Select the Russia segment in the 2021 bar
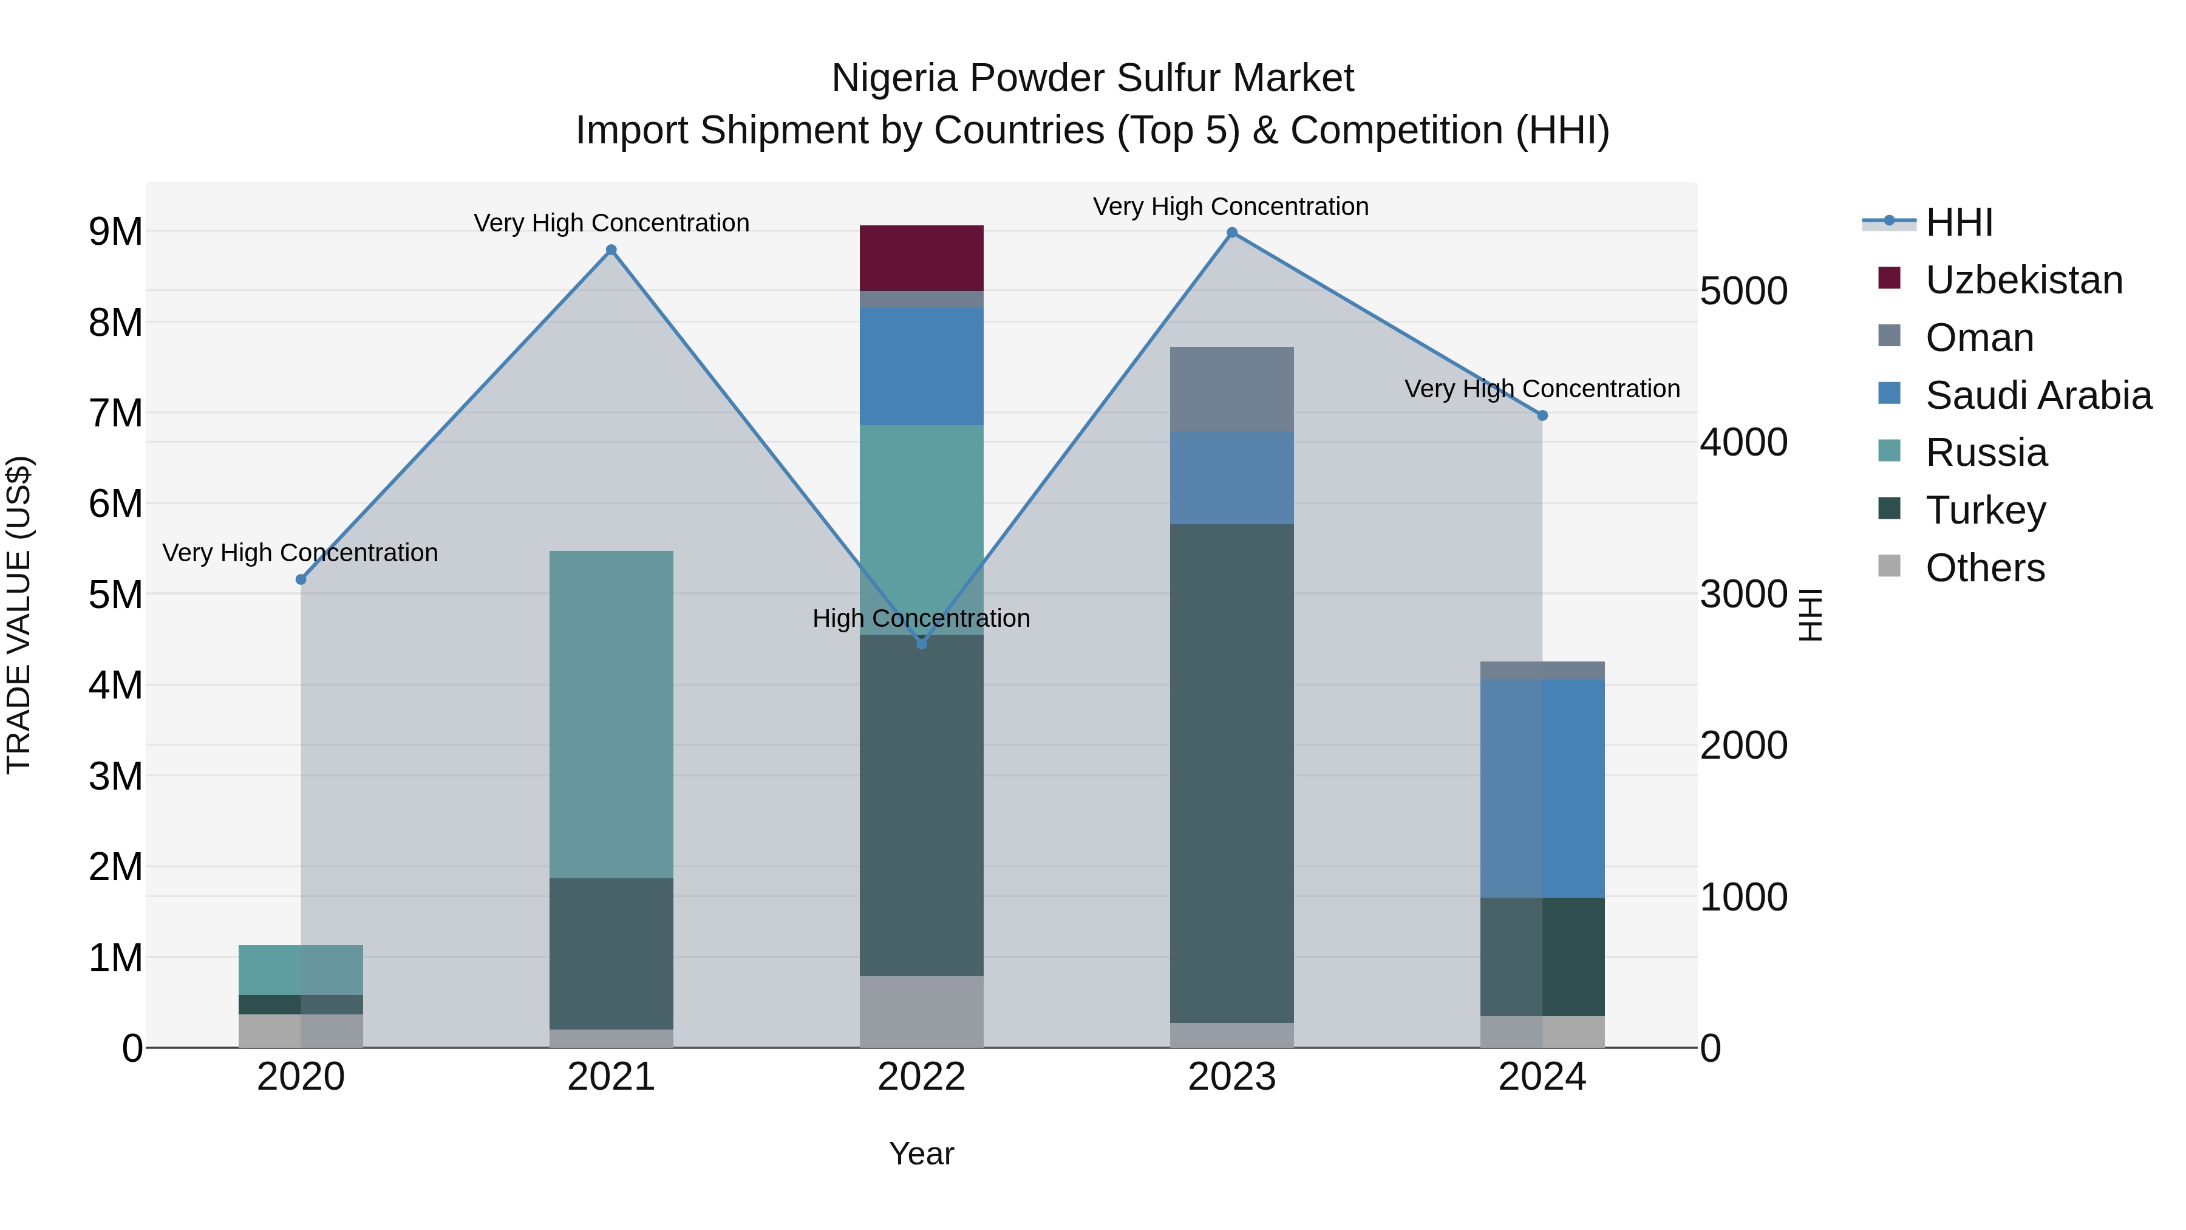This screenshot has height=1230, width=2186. point(611,714)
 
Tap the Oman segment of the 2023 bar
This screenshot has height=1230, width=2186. point(1231,389)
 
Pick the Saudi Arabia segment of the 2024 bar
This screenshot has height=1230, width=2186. point(1542,788)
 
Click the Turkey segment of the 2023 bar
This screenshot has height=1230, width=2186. point(1231,773)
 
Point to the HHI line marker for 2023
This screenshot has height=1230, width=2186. point(1232,233)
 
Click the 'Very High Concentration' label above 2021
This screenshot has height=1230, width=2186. point(611,224)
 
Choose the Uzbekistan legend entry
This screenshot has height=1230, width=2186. point(2023,280)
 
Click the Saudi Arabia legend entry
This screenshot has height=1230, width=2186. point(2037,395)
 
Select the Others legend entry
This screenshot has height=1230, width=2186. point(1984,568)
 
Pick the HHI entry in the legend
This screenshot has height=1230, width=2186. point(1958,222)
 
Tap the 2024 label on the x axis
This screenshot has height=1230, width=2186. point(1542,1077)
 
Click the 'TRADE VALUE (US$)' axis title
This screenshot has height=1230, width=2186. point(19,615)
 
